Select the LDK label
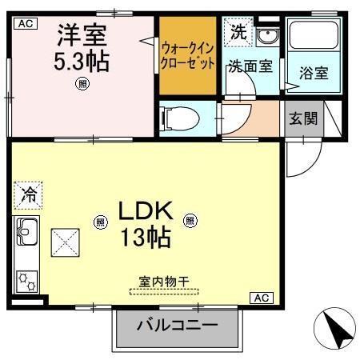[145, 211]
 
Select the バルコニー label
[177, 326]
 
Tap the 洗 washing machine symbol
[239, 33]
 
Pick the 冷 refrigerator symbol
[27, 194]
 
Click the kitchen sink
[27, 233]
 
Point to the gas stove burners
[27, 279]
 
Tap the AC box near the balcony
[261, 298]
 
